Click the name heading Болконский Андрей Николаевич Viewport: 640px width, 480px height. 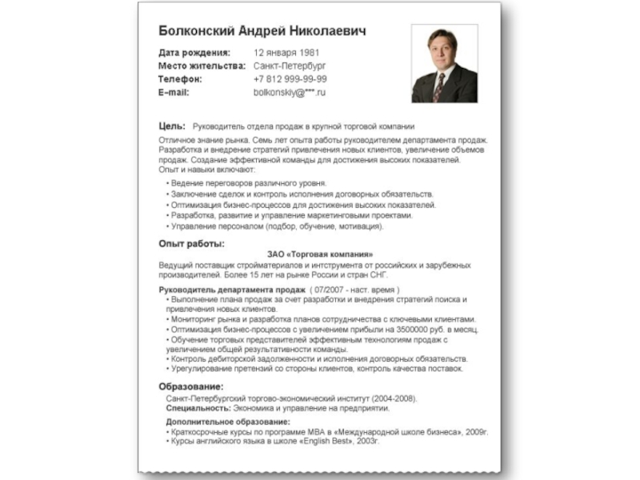click(x=262, y=31)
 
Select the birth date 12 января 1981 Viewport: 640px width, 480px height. click(x=286, y=53)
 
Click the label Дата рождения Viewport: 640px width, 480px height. click(x=195, y=53)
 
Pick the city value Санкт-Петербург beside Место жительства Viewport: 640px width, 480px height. click(x=290, y=66)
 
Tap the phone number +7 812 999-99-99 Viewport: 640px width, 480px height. click(x=290, y=79)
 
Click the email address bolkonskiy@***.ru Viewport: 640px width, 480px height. click(x=290, y=93)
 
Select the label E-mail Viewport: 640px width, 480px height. click(x=174, y=93)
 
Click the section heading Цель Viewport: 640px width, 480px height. click(x=172, y=126)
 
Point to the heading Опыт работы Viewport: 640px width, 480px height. click(x=192, y=243)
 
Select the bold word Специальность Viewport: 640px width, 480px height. click(x=198, y=408)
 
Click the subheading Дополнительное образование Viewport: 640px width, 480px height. click(x=228, y=422)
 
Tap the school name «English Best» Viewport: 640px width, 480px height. click(x=331, y=441)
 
